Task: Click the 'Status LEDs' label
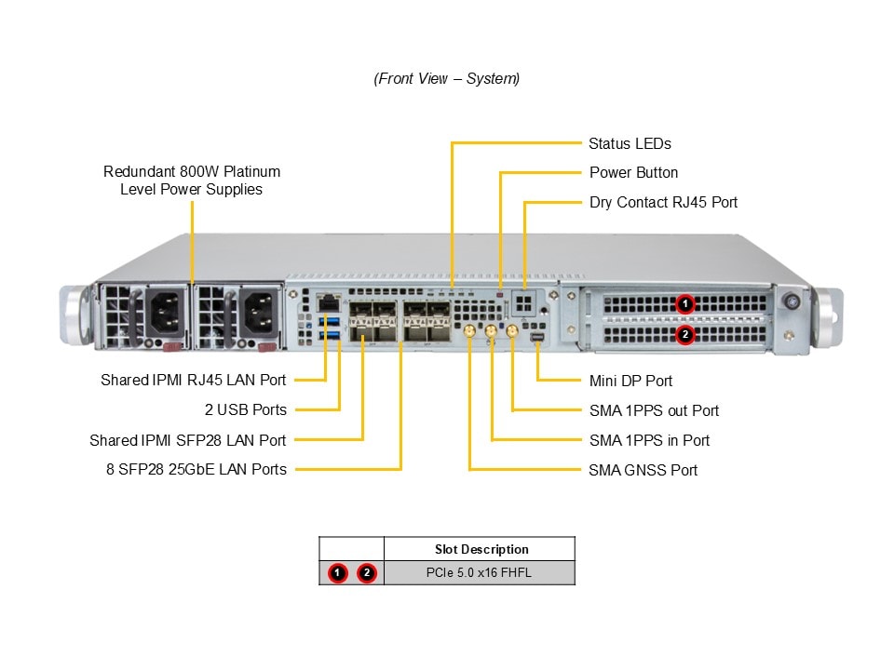630,144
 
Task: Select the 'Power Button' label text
633,173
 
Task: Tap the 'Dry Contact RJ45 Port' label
663,203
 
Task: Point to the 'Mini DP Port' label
630,381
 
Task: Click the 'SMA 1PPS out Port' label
654,410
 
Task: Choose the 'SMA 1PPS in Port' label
649,440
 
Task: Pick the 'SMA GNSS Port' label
643,470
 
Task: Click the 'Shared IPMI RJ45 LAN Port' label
194,381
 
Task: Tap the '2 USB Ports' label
246,409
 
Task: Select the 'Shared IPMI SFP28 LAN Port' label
188,440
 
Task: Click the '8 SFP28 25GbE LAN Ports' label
196,470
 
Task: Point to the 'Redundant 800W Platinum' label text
192,172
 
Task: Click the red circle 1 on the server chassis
684,304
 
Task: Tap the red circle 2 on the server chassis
684,334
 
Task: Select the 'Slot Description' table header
481,549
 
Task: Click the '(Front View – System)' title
447,79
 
